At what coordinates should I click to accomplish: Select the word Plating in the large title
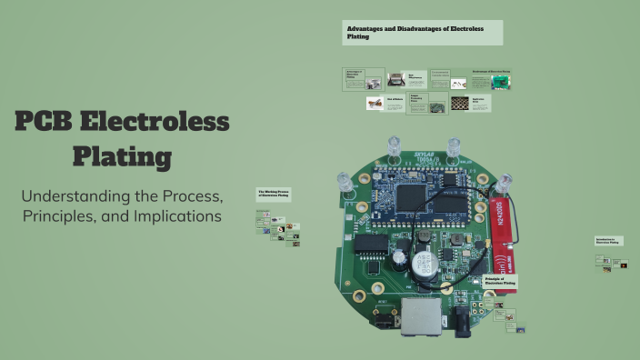123,157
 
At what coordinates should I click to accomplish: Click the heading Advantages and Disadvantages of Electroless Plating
422,32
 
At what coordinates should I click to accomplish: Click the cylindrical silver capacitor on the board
424,265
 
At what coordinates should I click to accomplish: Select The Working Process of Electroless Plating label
273,194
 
